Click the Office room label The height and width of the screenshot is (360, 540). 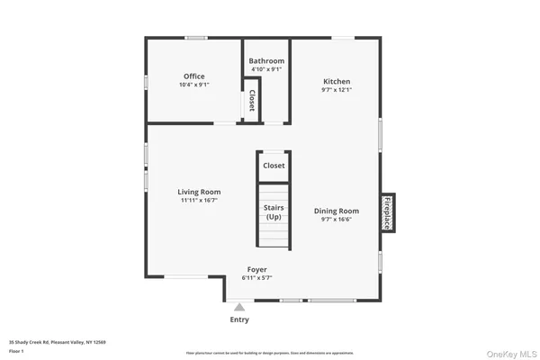[193, 76]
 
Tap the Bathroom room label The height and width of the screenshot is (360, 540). [266, 61]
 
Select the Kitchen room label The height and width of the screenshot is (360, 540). [337, 82]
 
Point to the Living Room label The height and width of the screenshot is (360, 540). [199, 192]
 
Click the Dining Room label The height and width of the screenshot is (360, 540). [337, 211]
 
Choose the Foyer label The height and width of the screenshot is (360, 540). [257, 269]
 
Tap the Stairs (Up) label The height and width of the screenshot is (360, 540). [274, 212]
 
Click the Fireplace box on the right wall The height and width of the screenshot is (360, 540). [388, 212]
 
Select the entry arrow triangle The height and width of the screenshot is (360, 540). [239, 307]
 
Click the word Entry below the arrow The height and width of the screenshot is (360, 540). [239, 319]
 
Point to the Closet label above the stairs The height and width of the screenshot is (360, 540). [274, 166]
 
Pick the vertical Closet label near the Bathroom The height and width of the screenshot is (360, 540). [252, 98]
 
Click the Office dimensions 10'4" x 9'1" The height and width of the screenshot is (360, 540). [193, 85]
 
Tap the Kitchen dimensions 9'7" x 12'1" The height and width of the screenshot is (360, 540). [337, 90]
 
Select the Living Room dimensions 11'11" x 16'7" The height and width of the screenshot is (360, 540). [199, 200]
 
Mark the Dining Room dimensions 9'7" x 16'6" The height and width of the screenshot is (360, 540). [337, 220]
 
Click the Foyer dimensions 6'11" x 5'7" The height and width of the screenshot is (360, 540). [257, 277]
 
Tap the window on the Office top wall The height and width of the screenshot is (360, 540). [196, 37]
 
